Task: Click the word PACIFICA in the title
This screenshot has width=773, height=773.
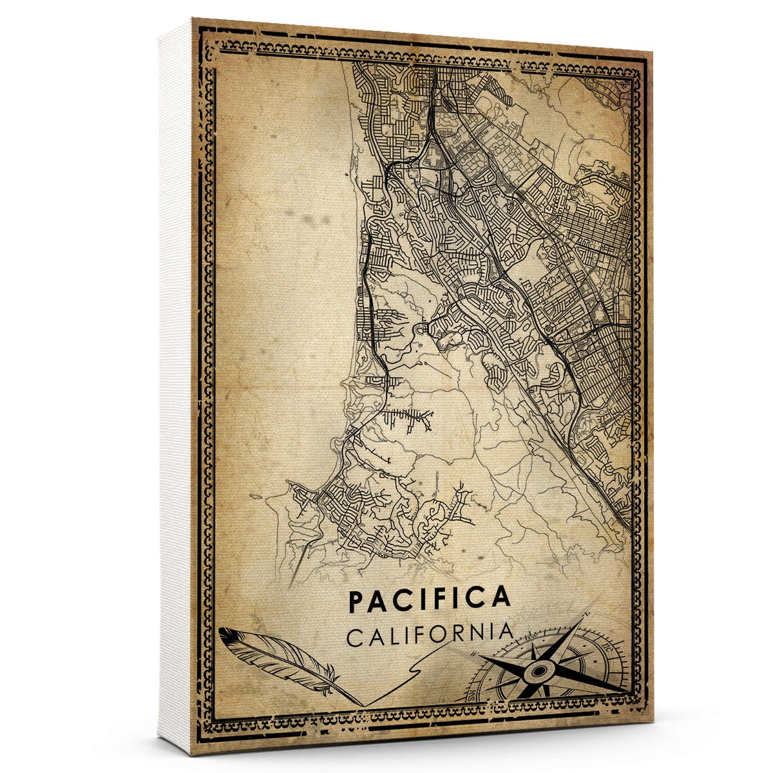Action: tap(429, 599)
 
